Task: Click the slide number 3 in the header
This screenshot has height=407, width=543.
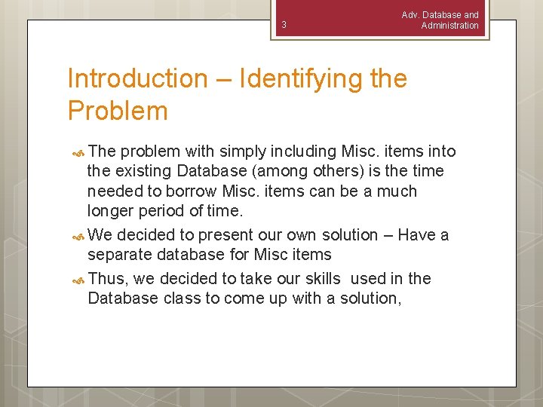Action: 284,25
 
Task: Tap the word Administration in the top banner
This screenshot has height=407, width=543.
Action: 449,26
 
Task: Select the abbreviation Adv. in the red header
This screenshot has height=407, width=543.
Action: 412,15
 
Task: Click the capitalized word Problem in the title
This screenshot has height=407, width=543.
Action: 118,111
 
